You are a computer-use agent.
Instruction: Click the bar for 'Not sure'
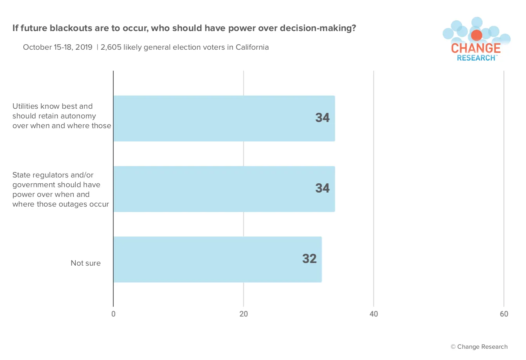coord(217,259)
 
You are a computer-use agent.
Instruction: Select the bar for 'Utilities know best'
coord(224,118)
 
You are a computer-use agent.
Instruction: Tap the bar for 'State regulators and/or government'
coord(224,189)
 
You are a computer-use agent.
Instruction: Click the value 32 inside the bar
coord(309,259)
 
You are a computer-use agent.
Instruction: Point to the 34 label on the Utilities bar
coord(323,118)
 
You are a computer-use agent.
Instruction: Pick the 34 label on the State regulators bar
coord(323,188)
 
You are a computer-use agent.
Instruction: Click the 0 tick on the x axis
coord(113,314)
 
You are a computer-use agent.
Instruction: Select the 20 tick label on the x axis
coord(243,314)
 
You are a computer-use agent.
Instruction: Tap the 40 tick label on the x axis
coord(373,314)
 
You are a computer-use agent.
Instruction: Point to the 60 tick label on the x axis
coord(504,314)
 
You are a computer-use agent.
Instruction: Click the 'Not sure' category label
coord(85,263)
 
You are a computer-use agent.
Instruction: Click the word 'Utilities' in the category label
coord(25,106)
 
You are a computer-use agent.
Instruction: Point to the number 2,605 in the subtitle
coord(111,47)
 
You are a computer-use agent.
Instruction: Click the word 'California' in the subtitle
coord(252,47)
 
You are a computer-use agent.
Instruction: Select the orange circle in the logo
coord(476,35)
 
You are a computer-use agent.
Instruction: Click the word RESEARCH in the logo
coord(476,58)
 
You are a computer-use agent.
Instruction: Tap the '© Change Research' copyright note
coord(479,347)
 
